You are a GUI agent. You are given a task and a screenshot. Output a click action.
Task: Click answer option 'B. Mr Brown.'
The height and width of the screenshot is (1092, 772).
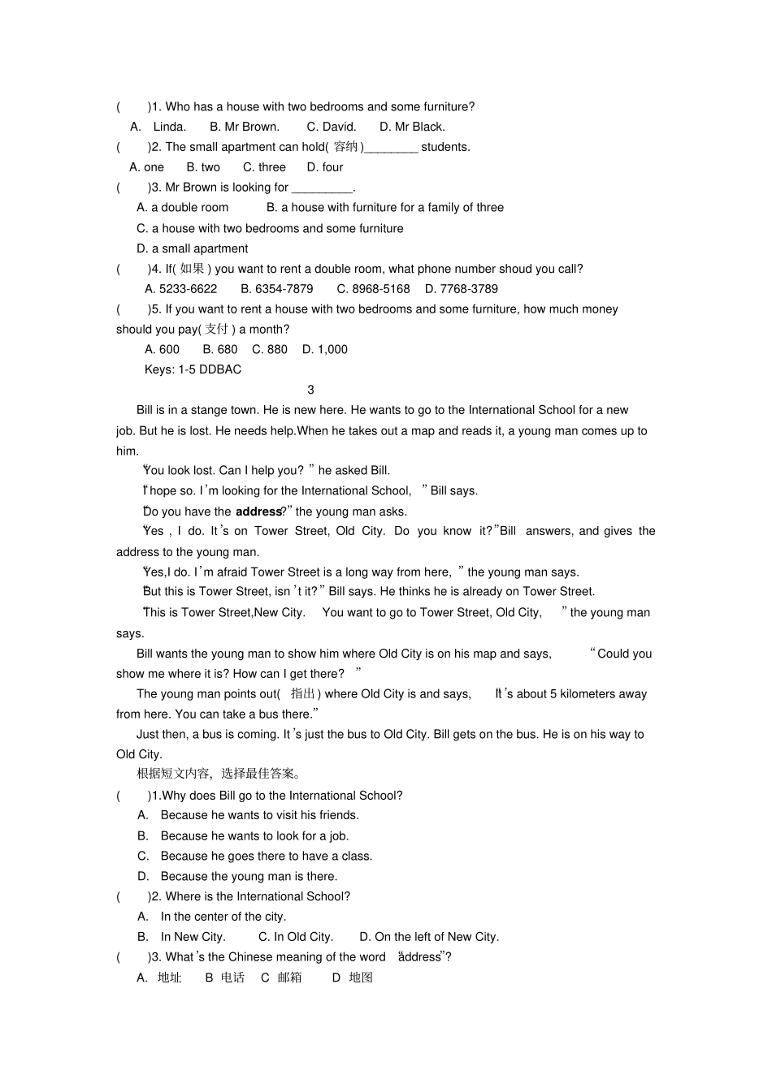coord(244,127)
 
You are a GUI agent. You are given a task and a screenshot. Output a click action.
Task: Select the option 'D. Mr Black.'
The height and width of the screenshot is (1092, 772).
coord(412,127)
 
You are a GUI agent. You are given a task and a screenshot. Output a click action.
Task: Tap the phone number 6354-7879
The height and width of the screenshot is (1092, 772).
coord(276,289)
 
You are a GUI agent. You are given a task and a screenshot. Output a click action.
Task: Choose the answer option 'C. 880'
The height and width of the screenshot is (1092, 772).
coord(270,350)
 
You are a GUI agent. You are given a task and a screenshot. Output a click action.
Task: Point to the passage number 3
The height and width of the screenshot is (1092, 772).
coord(311,390)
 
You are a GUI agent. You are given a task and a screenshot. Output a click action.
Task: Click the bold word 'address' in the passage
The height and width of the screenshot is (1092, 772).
coord(258,512)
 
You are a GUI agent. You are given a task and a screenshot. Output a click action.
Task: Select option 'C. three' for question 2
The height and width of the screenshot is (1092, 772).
coord(264,167)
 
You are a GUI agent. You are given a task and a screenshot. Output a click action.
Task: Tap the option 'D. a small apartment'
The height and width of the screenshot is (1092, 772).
coord(193,248)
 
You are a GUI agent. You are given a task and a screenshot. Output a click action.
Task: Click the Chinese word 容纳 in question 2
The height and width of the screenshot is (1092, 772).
coord(345,147)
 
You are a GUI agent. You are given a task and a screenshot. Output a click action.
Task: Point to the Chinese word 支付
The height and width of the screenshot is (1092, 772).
coord(217,329)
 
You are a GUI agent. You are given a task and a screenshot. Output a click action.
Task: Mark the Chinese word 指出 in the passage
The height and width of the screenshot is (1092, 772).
coord(303,694)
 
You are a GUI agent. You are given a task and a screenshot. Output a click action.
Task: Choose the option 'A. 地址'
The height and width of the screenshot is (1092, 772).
coord(159,978)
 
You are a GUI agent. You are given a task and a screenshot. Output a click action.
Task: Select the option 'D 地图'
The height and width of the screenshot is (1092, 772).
coord(353,978)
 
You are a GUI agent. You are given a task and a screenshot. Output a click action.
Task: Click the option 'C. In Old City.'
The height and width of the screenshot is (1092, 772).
coord(296,937)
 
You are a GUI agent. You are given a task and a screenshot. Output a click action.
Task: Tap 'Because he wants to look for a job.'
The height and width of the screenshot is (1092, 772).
coord(254,836)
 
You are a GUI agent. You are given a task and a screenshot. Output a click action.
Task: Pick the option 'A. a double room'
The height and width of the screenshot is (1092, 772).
coord(183,208)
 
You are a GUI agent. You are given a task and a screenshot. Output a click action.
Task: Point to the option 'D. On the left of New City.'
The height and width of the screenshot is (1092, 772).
coord(429,937)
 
